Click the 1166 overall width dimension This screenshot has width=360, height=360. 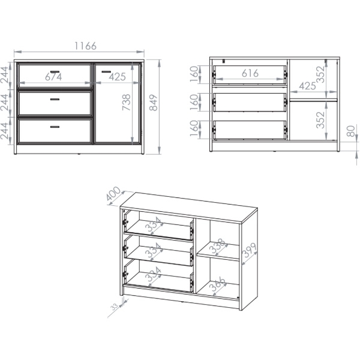(x=85, y=46)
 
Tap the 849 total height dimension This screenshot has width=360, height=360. (x=154, y=103)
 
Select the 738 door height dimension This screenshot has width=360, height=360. (x=126, y=102)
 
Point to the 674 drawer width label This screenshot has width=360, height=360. (x=53, y=77)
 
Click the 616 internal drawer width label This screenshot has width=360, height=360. (x=250, y=73)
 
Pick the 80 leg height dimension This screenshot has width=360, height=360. (x=351, y=131)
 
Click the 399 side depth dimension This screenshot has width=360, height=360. (x=250, y=250)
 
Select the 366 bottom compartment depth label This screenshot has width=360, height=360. (x=218, y=284)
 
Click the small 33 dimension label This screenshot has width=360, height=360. (x=114, y=306)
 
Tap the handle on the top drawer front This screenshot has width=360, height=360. (x=55, y=71)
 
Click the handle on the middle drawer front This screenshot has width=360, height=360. (x=55, y=100)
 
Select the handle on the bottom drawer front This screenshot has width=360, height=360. (x=55, y=127)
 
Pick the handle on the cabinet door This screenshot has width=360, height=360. (x=106, y=71)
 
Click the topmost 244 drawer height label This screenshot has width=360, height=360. (x=5, y=75)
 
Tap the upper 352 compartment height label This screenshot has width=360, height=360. (x=320, y=74)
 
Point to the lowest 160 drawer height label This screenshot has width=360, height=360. (x=194, y=128)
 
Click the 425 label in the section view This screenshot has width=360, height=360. (x=307, y=86)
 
